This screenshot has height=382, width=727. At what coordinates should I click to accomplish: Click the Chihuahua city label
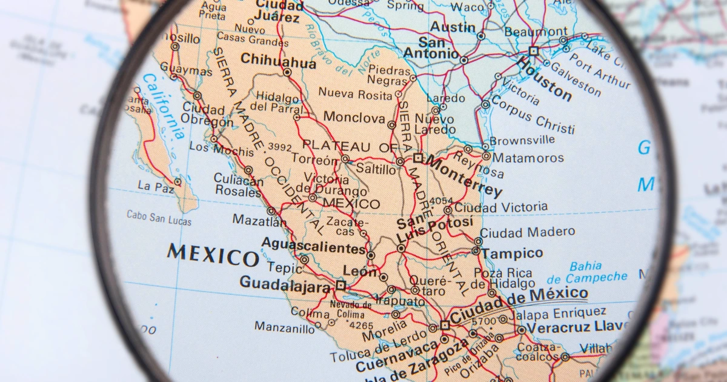point(278,61)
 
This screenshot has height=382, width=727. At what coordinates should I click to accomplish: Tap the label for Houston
point(544,79)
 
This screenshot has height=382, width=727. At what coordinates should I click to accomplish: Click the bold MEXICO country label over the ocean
point(213,255)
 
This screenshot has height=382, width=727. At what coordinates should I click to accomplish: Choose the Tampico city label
point(511,253)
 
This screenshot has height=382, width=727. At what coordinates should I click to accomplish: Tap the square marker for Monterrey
point(418,158)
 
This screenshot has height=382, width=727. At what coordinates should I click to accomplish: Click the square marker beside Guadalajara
point(340,284)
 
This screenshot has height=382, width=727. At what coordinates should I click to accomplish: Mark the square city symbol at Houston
point(533,51)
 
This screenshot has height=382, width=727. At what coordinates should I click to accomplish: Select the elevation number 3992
point(280,147)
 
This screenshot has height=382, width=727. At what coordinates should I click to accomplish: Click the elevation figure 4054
point(440,201)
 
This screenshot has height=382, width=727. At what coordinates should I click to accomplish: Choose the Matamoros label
point(528,158)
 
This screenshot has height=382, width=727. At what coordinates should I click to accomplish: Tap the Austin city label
point(453,27)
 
